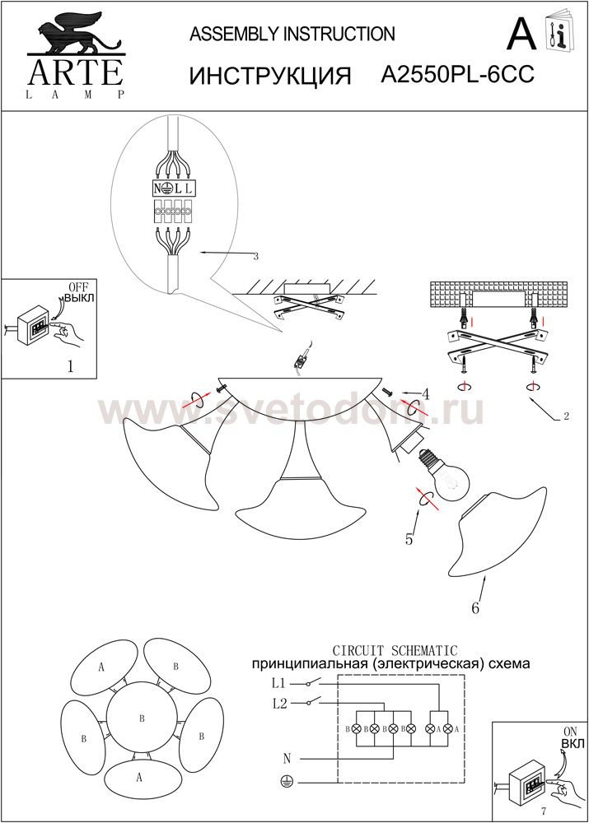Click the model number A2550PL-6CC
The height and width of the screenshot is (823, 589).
coord(457,75)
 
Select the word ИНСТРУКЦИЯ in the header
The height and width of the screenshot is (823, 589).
coord(269,77)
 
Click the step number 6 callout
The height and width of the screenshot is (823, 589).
coord(475,608)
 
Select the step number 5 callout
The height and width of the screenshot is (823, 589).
coord(409,539)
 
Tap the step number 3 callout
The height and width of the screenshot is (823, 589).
coord(255,257)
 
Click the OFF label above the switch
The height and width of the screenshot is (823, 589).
coord(78,287)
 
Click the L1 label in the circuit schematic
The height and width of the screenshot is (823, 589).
coord(278,684)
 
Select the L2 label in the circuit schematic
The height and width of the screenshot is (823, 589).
coord(279,704)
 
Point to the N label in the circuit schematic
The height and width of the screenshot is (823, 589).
coord(287,759)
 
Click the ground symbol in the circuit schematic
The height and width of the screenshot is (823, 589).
coord(286,782)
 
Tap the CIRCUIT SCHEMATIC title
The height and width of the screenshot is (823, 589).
coord(395,651)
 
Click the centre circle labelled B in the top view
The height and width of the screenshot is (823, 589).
coord(142,718)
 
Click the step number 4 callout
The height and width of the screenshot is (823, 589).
coord(425,394)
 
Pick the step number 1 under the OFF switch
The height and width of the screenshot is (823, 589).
coord(70,366)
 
